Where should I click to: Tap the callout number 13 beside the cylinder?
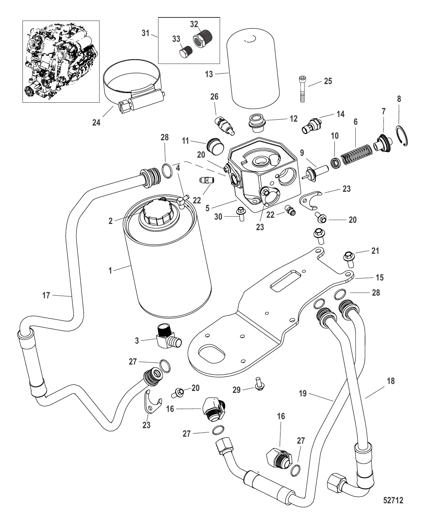point(209,74)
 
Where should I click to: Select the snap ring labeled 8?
point(402,136)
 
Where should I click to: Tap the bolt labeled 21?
point(349,259)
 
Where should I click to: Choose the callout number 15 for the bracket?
point(380,277)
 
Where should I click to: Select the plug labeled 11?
point(215,147)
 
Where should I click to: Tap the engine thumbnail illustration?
point(61,61)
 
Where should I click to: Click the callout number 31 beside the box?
point(146,33)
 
